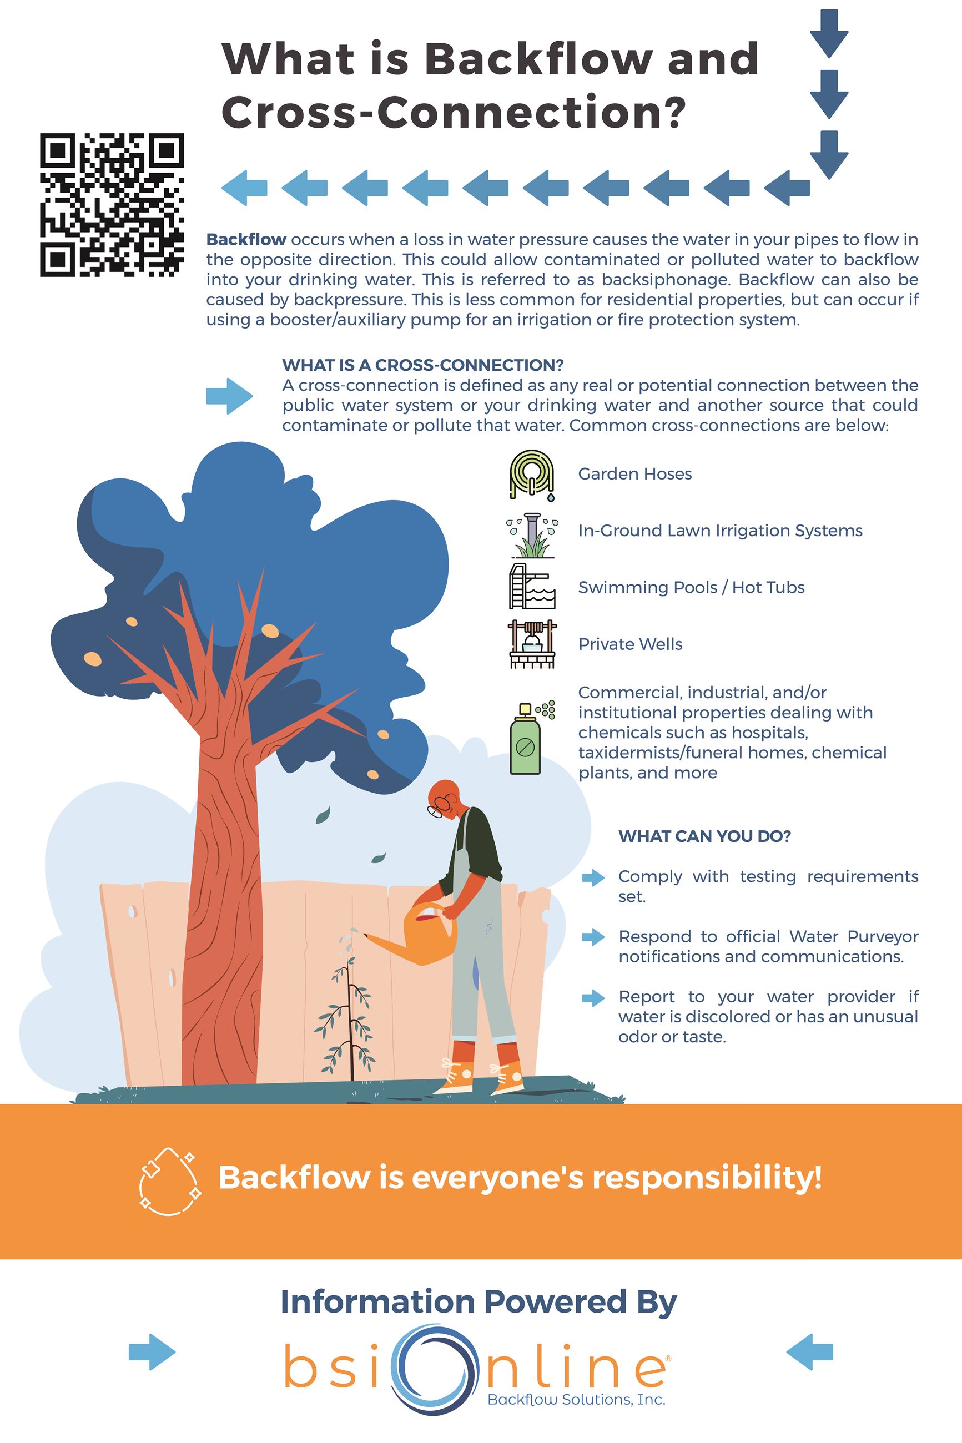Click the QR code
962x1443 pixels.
[x=112, y=205]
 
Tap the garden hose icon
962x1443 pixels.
[x=531, y=474]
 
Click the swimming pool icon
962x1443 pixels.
[x=531, y=587]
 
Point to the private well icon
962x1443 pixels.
[x=532, y=643]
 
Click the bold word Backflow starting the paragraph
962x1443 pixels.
[x=246, y=239]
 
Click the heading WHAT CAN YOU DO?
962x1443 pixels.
[x=704, y=836]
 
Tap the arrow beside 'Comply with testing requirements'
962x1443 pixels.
[x=593, y=878]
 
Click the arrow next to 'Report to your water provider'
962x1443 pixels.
[x=593, y=998]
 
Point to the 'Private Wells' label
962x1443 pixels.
[x=630, y=644]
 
